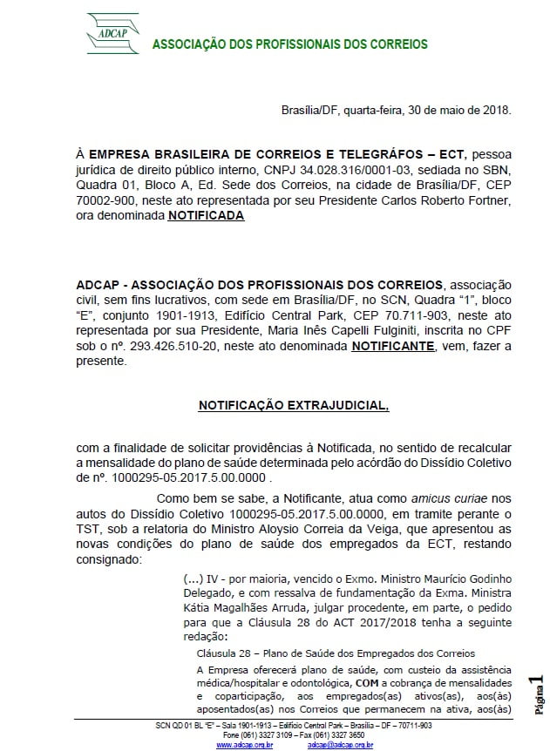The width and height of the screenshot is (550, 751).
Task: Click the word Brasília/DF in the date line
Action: tap(310, 111)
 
